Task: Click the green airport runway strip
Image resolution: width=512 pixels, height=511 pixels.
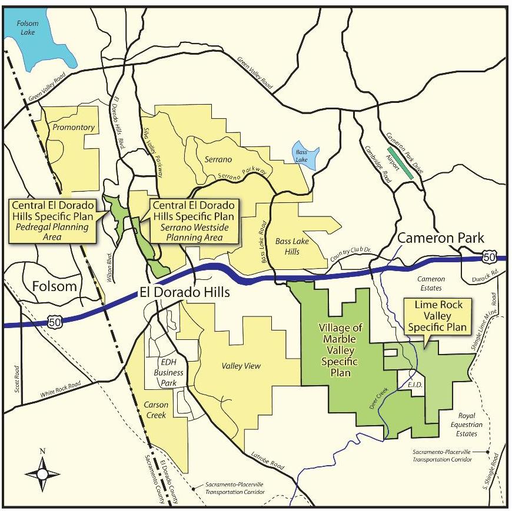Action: [x=400, y=162]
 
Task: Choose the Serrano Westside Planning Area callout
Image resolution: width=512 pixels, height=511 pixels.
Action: [x=194, y=221]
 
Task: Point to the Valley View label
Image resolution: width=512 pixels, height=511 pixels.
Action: [x=241, y=366]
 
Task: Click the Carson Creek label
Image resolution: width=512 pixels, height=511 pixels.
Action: [x=156, y=410]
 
